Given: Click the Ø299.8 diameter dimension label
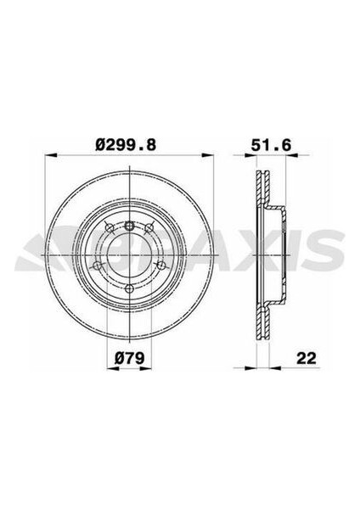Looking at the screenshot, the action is point(127,144).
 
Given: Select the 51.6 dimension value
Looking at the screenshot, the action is point(271,145).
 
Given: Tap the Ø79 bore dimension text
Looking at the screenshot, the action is point(129,358).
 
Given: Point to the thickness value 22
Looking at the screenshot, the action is point(307,358).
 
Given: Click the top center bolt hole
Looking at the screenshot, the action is point(130,225).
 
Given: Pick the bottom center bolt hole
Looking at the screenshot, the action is point(130,288).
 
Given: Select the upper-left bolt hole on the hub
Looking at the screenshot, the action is point(110,227).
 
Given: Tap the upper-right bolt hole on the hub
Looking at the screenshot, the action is point(149,227).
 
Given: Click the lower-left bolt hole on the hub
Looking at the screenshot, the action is point(97,266).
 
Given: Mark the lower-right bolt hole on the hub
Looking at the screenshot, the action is point(160,266).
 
